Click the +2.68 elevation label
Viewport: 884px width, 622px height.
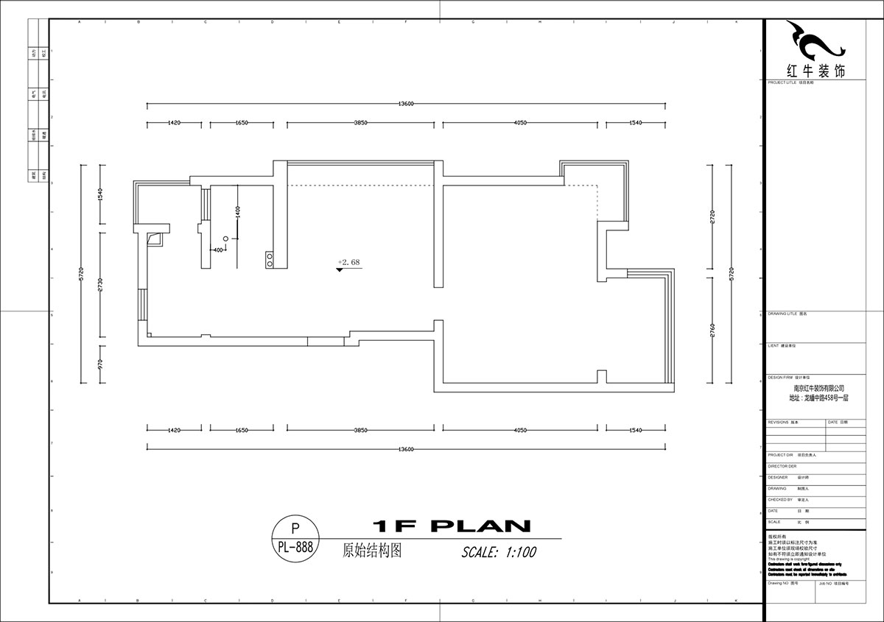[x=348, y=261]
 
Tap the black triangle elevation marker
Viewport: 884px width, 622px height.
[x=340, y=270]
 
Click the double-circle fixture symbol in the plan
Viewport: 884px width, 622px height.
[x=270, y=259]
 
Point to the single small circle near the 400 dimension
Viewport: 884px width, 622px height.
[x=226, y=239]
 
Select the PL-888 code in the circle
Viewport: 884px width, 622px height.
[x=296, y=548]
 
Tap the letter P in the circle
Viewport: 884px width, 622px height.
[x=296, y=529]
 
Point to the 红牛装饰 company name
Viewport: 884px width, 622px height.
[x=815, y=71]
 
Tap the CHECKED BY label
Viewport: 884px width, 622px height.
[x=779, y=499]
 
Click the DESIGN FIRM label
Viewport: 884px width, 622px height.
[x=780, y=376]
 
